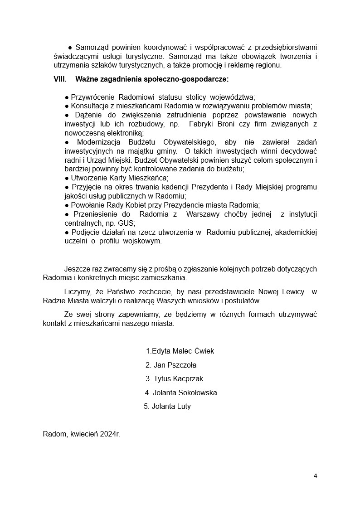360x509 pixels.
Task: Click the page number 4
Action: point(315,475)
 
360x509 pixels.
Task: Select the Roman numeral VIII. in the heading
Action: point(60,79)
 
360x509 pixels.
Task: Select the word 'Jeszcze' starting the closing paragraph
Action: point(77,269)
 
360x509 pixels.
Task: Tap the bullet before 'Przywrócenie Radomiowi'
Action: point(67,97)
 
